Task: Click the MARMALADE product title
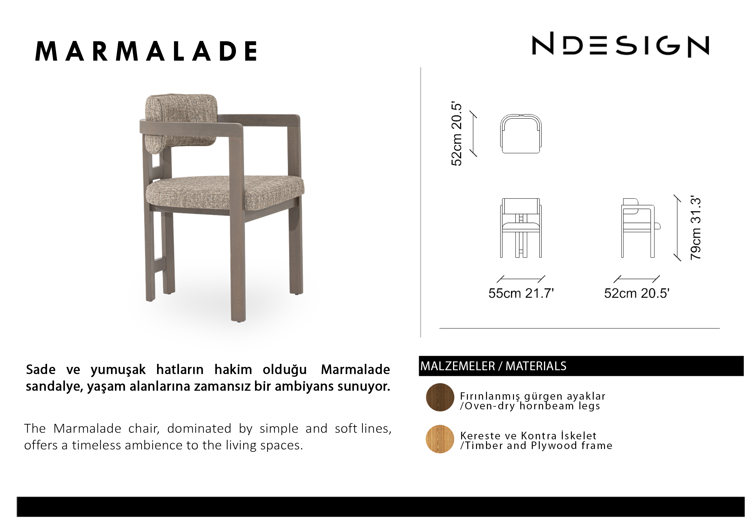pyautogui.click(x=146, y=52)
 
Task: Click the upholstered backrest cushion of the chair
pyautogui.click(x=181, y=122)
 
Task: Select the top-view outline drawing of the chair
pyautogui.click(x=521, y=134)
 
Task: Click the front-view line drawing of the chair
pyautogui.click(x=521, y=228)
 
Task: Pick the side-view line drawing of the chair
pyautogui.click(x=641, y=228)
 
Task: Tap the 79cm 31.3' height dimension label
pyautogui.click(x=695, y=228)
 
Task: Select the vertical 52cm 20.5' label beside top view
pyautogui.click(x=456, y=134)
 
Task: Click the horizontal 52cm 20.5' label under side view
pyautogui.click(x=637, y=293)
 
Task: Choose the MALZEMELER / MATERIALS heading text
pyautogui.click(x=493, y=366)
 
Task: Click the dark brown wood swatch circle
pyautogui.click(x=440, y=397)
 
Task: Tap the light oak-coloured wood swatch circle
pyautogui.click(x=440, y=439)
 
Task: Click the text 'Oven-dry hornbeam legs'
pyautogui.click(x=532, y=406)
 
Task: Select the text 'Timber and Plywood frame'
pyautogui.click(x=539, y=445)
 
